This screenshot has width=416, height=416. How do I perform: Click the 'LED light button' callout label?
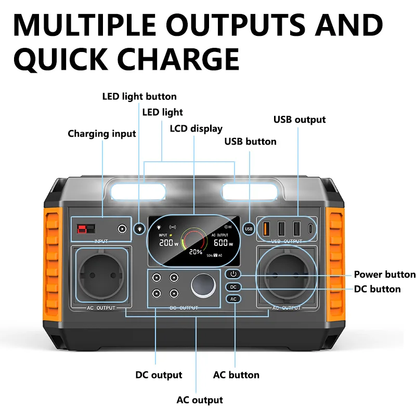tap(139, 96)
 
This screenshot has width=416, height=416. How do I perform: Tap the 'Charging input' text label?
tap(102, 134)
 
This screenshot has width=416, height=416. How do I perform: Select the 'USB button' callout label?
tap(250, 141)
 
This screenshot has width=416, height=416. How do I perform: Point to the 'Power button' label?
tap(384, 275)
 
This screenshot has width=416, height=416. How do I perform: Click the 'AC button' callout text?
tap(236, 374)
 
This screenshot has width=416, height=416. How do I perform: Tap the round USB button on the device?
tap(249, 228)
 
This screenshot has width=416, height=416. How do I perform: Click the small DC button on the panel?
tap(233, 287)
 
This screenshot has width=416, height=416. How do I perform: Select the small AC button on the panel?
tap(233, 299)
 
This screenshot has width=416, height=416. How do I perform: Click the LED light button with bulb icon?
tap(139, 228)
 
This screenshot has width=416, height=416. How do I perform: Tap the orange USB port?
tap(266, 228)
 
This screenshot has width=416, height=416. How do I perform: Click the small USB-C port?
tap(311, 228)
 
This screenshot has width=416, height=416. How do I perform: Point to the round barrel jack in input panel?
tap(123, 229)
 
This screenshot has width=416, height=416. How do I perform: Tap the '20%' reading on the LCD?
tap(196, 252)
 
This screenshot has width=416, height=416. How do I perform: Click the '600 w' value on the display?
tap(222, 243)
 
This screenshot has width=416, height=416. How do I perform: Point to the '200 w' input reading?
tap(168, 243)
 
